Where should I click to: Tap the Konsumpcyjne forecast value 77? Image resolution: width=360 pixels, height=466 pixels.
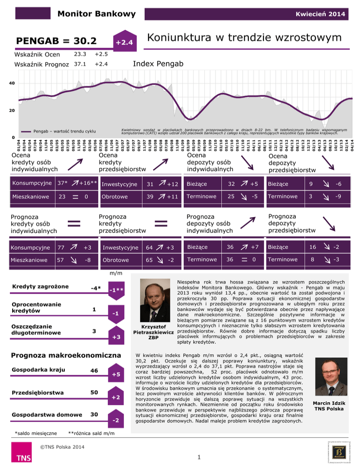pyautogui.click(x=61, y=248)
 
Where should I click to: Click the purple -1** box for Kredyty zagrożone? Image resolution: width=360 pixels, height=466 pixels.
pyautogui.click(x=116, y=290)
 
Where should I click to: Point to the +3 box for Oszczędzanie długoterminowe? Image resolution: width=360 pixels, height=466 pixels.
pyautogui.click(x=116, y=337)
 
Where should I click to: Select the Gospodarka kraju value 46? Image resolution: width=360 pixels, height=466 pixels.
pyautogui.click(x=94, y=371)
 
